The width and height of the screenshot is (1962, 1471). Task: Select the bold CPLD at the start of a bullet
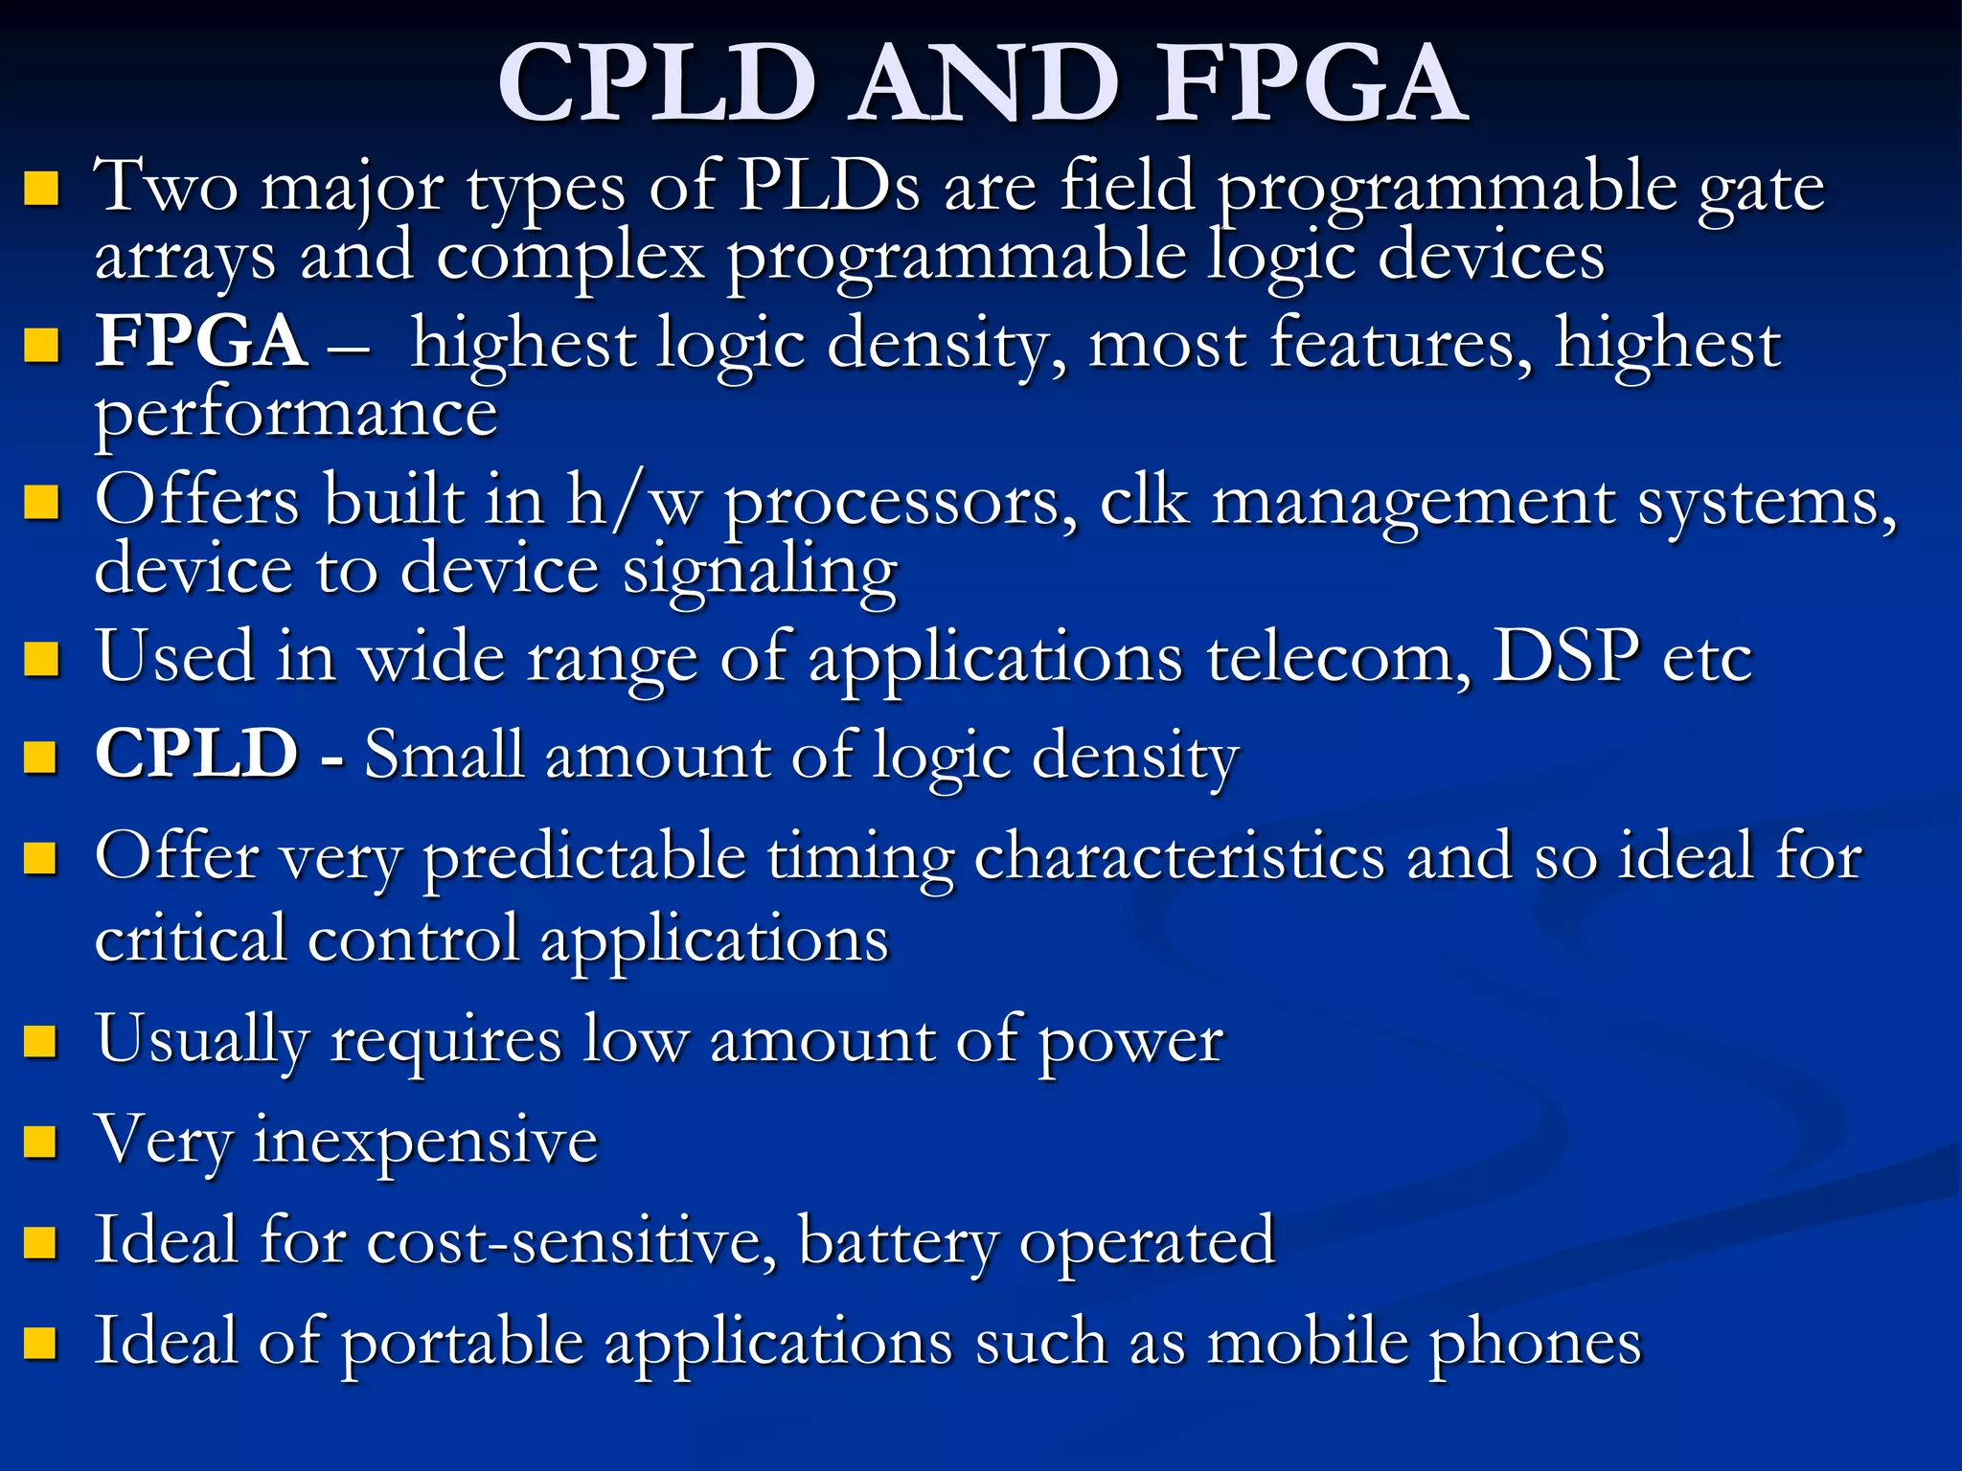point(197,754)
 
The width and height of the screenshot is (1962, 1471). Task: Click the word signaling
point(760,571)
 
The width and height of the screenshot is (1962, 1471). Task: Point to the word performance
point(296,414)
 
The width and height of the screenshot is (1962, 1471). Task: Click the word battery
point(898,1242)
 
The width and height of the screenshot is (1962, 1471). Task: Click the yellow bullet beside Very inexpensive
point(40,1141)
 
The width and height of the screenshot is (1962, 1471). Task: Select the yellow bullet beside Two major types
point(40,188)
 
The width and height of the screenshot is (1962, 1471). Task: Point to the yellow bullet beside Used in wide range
point(40,659)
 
